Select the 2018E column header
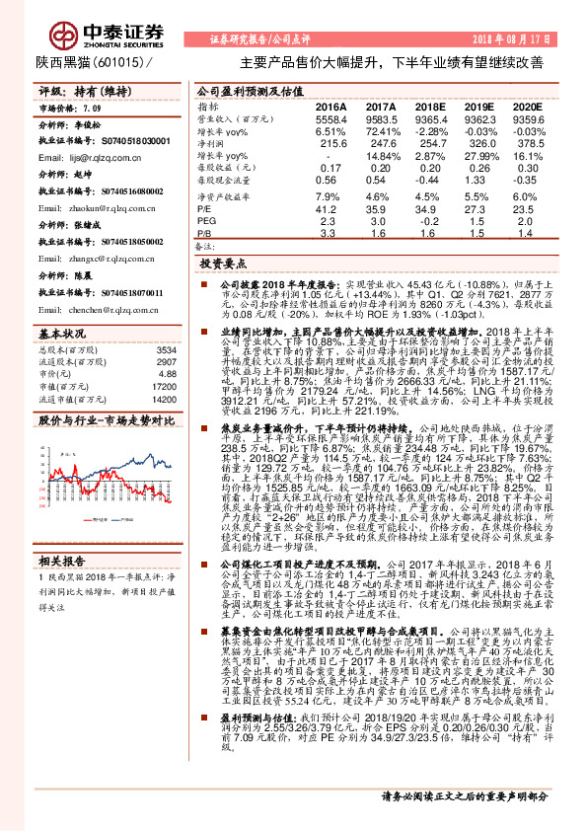pos(429,106)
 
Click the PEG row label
pos(207,222)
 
